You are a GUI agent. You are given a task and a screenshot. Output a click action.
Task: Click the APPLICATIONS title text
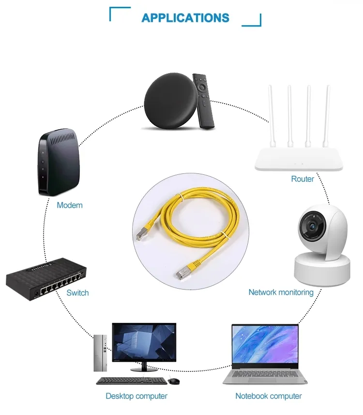pyautogui.click(x=185, y=18)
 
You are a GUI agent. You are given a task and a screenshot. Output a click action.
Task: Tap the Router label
pyautogui.click(x=302, y=179)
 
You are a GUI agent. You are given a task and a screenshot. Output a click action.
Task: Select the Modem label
pyautogui.click(x=70, y=205)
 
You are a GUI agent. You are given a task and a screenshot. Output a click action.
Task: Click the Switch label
pyautogui.click(x=77, y=293)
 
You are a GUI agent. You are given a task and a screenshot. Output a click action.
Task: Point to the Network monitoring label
pyautogui.click(x=281, y=292)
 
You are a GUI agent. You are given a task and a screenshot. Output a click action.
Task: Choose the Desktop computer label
pyautogui.click(x=136, y=396)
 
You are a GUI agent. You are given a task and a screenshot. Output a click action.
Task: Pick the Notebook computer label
pyautogui.click(x=268, y=396)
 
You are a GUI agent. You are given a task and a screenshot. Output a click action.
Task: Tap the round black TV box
pyautogui.click(x=169, y=103)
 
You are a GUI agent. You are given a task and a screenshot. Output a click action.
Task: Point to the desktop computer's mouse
pyautogui.click(x=174, y=381)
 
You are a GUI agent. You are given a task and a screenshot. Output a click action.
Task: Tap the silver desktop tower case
pyautogui.click(x=100, y=353)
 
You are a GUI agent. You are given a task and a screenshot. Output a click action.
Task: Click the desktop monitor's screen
pyautogui.click(x=144, y=342)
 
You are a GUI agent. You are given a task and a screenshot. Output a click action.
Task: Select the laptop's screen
pyautogui.click(x=265, y=344)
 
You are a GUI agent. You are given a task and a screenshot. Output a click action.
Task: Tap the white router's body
pyautogui.click(x=299, y=158)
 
